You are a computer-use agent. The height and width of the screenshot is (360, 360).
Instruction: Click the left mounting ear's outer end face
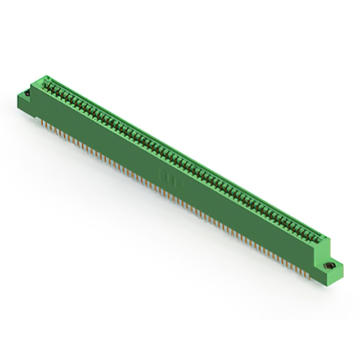(22, 103)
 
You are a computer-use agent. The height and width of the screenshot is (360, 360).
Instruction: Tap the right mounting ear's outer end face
(332, 276)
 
